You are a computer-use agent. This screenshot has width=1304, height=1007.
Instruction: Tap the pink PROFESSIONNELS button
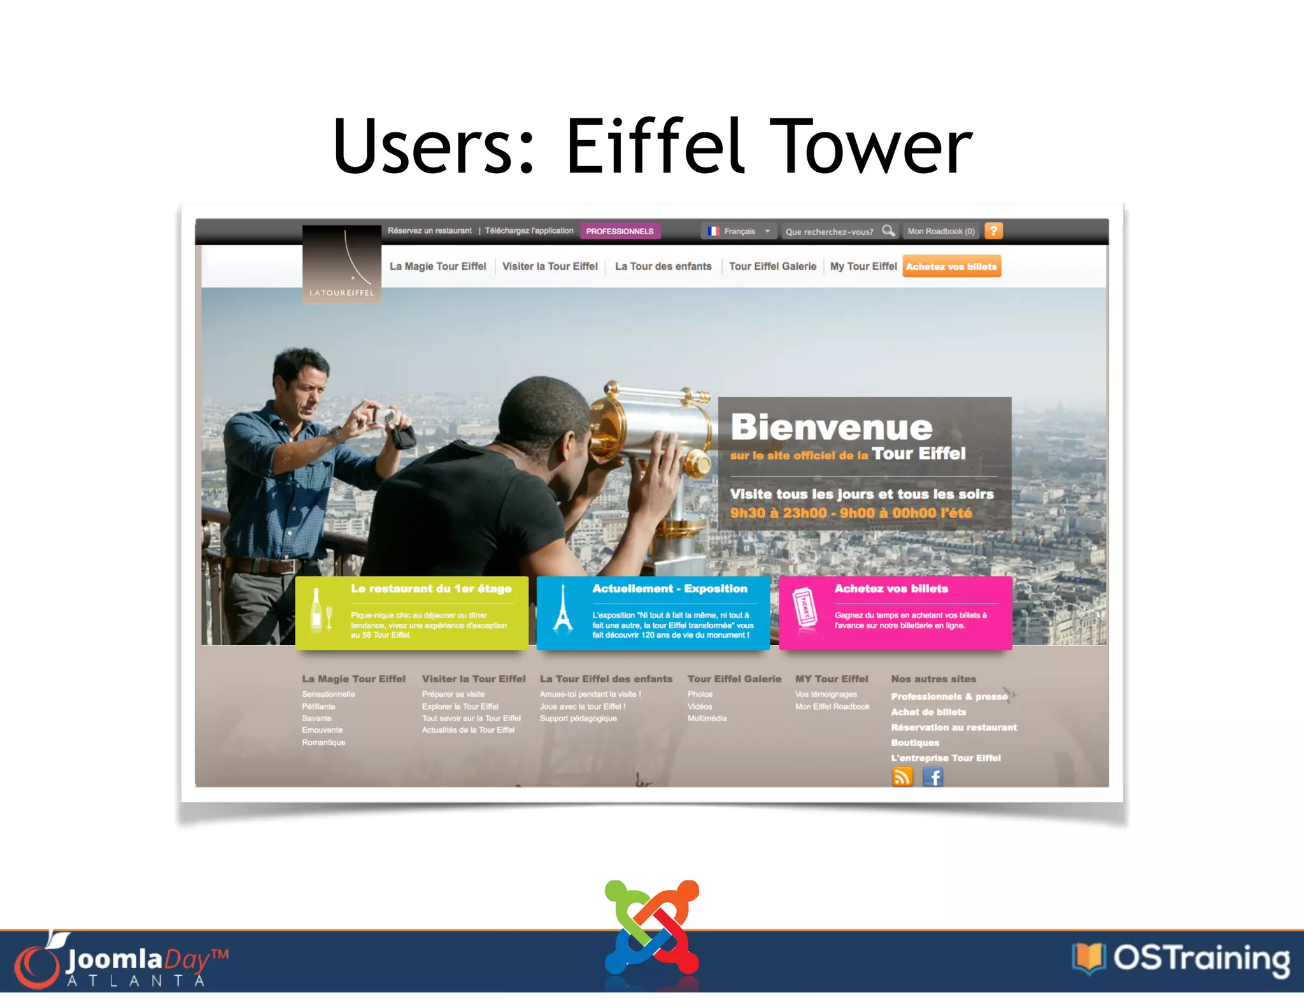coord(620,231)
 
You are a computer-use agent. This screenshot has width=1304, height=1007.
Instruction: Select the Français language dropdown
coord(739,231)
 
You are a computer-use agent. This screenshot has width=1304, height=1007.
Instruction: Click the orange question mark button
coord(993,230)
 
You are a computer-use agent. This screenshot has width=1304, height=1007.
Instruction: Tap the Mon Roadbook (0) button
coord(940,231)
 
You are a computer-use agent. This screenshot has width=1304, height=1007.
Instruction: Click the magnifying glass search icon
coord(888,230)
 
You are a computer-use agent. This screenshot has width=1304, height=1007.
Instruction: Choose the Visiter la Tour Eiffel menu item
coord(549,266)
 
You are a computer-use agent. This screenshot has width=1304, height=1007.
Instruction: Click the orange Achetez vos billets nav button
coord(951,266)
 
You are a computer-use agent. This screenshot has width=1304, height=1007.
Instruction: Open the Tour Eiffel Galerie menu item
coord(772,266)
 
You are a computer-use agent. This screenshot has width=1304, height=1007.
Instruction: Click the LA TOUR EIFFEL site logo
coord(342,264)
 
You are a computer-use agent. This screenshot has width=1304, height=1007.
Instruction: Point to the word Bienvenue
coord(831,426)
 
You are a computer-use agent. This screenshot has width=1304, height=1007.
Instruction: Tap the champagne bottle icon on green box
coord(316,609)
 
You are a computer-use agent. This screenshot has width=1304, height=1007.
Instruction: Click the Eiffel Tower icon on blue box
coord(563,609)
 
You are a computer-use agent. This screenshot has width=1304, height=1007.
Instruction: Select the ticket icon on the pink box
coord(805,608)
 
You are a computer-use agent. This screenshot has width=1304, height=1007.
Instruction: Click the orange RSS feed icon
coord(902,777)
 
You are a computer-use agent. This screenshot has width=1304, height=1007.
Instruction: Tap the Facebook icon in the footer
coord(933,777)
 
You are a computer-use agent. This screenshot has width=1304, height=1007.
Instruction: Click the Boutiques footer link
coord(914,742)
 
